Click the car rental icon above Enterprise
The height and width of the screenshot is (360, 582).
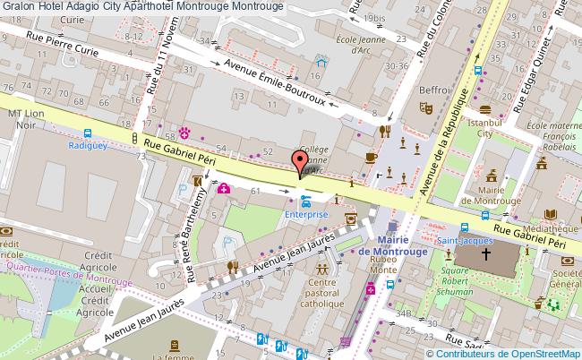tap(306, 201)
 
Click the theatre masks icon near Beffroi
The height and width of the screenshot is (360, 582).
tap(428, 107)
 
